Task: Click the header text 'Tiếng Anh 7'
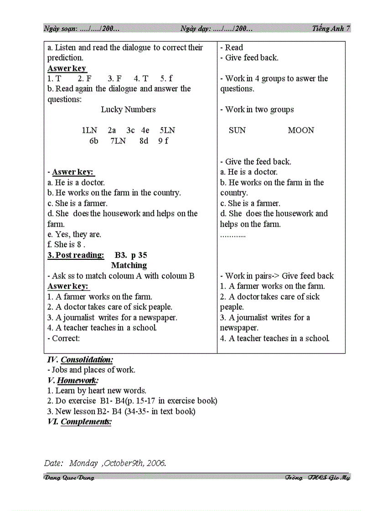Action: [x=331, y=28]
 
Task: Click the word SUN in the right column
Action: [x=237, y=131]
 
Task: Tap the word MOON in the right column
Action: [x=301, y=131]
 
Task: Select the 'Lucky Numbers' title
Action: [x=128, y=110]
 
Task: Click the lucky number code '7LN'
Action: [x=118, y=141]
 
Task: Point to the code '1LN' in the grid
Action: [x=90, y=131]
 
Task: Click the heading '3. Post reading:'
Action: [x=76, y=255]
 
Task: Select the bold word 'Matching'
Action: [x=129, y=265]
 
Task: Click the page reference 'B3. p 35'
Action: [x=131, y=255]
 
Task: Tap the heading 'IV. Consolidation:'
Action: [x=80, y=360]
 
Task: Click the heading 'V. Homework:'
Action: [x=73, y=380]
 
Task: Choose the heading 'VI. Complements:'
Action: [x=79, y=422]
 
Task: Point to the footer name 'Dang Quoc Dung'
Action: [x=69, y=478]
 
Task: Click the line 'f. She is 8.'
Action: [x=67, y=245]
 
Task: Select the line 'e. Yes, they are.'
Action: [x=74, y=234]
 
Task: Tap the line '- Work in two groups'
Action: [x=257, y=110]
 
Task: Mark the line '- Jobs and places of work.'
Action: [x=91, y=370]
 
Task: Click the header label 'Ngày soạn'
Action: [x=60, y=28]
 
